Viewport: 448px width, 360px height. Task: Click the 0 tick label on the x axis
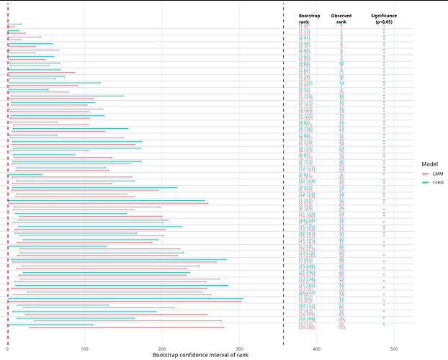tap(8, 348)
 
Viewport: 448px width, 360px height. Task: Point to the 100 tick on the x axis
tap(85, 348)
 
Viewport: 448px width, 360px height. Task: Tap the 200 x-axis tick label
tap(162, 348)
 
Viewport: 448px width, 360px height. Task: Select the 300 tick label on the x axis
tap(239, 348)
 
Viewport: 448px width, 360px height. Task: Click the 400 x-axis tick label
tap(317, 348)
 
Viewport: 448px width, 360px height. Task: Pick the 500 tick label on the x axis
tap(394, 348)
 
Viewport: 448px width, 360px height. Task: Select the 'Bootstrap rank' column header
tap(310, 19)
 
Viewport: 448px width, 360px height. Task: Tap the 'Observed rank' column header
tap(341, 19)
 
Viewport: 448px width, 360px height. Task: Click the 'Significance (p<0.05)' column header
tap(384, 19)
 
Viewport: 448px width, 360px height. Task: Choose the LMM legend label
tap(436, 174)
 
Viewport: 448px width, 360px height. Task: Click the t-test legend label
tap(438, 184)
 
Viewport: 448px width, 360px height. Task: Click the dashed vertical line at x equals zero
tap(8, 180)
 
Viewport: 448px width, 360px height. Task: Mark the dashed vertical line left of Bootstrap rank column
tap(283, 180)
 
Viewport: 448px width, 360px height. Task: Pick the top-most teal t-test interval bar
tap(14, 24)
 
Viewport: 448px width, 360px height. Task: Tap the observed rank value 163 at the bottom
tap(341, 328)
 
